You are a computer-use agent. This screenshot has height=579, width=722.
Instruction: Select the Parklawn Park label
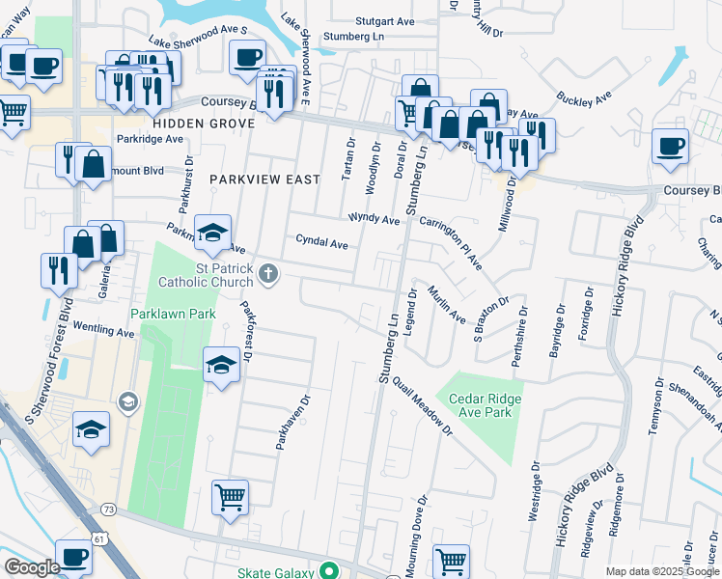pos(174,314)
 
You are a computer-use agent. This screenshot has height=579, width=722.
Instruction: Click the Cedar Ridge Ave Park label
pos(479,407)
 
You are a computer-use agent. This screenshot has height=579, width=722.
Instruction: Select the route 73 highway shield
pos(108,509)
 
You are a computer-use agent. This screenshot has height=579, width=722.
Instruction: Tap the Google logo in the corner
pos(31,567)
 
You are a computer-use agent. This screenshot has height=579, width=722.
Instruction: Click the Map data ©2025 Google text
pos(661,571)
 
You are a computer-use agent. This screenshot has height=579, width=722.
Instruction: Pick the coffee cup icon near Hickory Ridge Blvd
pos(670,146)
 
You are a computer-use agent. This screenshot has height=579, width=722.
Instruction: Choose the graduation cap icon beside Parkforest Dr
pos(221,364)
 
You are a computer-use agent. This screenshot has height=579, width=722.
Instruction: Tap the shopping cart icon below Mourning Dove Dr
pos(451,559)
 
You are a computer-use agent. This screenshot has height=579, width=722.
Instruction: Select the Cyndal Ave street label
pos(321,243)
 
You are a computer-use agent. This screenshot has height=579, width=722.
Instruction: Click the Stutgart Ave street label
pos(383,19)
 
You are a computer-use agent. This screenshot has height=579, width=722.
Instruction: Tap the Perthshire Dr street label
pos(522,334)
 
